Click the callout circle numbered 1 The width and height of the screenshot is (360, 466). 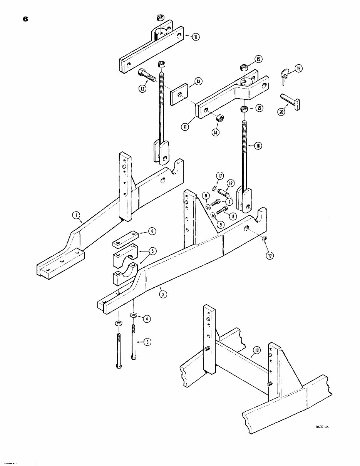coord(77,216)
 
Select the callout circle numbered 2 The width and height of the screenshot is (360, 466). coord(163,295)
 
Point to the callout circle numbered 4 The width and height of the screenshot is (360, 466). coord(147,318)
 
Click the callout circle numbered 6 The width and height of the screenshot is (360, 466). coord(152,231)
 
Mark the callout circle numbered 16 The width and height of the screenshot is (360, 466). coord(258,146)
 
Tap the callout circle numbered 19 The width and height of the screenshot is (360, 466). coord(298,69)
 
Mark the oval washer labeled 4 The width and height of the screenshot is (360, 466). coord(134,315)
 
